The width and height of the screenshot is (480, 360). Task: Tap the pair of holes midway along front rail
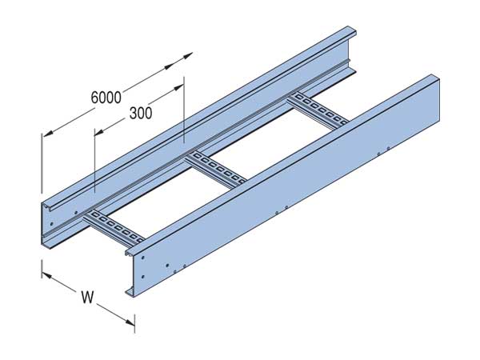[x=280, y=212]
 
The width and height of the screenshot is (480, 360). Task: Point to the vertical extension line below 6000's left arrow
[x=41, y=164]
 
